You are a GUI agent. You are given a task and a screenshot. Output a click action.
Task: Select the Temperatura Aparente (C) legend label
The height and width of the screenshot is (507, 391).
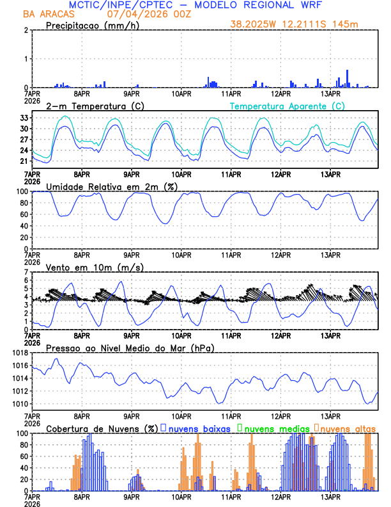coord(287,106)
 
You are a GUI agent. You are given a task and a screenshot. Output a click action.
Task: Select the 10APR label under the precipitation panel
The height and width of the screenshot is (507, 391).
coord(181,93)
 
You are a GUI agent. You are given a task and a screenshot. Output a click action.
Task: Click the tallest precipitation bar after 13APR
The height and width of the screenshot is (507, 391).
coord(347,79)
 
